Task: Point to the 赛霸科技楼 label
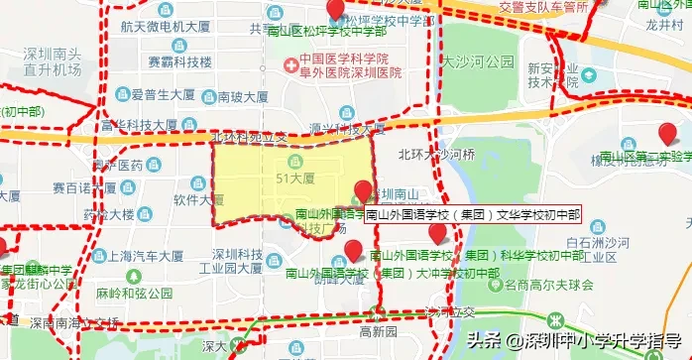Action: click(179, 61)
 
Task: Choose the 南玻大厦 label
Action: click(243, 97)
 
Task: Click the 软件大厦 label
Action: click(194, 198)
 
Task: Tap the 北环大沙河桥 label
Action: click(437, 155)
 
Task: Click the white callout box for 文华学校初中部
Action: click(472, 214)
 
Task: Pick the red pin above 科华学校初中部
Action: click(438, 233)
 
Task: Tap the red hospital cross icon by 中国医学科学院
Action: click(289, 66)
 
